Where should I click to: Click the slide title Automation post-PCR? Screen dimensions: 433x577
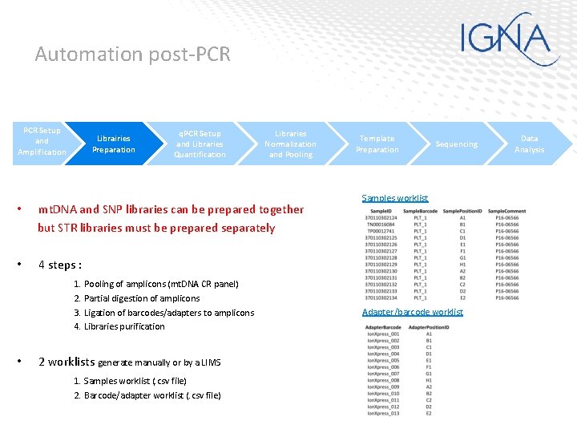(x=132, y=55)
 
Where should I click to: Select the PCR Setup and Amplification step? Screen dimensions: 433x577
(x=42, y=142)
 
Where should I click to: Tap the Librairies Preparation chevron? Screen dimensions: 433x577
(x=114, y=144)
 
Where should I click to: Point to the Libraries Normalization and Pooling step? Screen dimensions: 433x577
(x=290, y=144)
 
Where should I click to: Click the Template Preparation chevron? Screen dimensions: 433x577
(x=377, y=144)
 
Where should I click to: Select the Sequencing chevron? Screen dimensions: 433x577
(x=456, y=144)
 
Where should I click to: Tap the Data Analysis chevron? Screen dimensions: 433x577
(x=529, y=144)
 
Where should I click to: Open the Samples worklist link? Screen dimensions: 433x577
(x=395, y=198)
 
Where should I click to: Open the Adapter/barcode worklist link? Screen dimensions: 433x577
(x=412, y=312)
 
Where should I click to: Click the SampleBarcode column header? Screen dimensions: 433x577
(x=420, y=210)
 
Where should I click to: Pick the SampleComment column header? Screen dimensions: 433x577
(x=506, y=210)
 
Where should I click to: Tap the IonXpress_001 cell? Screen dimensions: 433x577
(x=383, y=334)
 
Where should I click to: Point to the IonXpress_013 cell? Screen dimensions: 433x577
(x=383, y=414)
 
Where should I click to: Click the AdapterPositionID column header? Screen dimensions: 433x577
(x=434, y=327)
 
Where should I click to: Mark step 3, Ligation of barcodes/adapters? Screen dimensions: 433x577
(x=163, y=313)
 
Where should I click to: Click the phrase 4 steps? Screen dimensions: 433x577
(x=59, y=265)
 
